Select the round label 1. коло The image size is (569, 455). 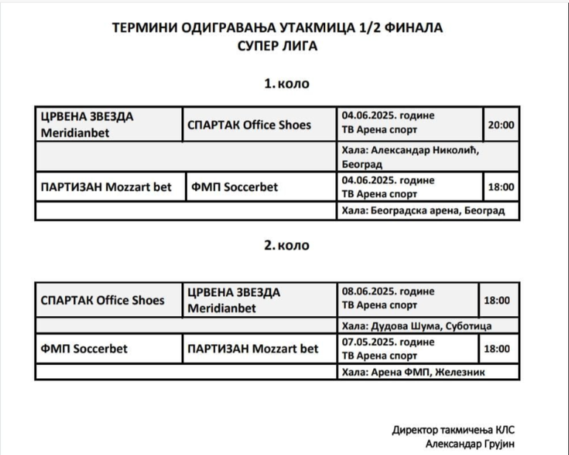(x=287, y=83)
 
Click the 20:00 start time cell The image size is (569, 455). (x=501, y=125)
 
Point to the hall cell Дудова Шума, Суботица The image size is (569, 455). (x=417, y=326)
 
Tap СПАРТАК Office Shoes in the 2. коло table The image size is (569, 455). (x=103, y=301)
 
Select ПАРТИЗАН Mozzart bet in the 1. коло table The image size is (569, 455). (x=106, y=187)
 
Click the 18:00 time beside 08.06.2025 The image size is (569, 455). (x=497, y=301)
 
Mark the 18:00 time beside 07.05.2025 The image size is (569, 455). (x=497, y=348)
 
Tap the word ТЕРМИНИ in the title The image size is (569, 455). (x=142, y=28)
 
